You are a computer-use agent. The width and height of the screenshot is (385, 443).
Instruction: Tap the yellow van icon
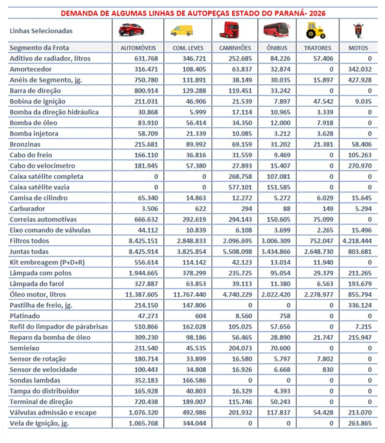182,30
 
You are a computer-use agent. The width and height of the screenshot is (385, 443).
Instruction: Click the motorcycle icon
357,30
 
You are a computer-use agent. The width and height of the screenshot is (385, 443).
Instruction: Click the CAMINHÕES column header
235,48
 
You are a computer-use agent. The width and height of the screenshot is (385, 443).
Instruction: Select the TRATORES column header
318,48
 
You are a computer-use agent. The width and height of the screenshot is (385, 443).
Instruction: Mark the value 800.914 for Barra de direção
141,91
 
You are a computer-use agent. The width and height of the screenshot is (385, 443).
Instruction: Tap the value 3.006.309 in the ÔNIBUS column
274,241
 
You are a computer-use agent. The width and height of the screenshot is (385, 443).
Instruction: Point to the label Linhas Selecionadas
41,30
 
